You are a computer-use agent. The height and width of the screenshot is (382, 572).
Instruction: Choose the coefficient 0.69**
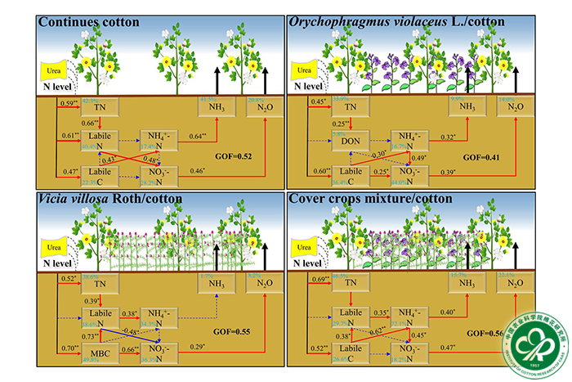pos(319,281)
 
